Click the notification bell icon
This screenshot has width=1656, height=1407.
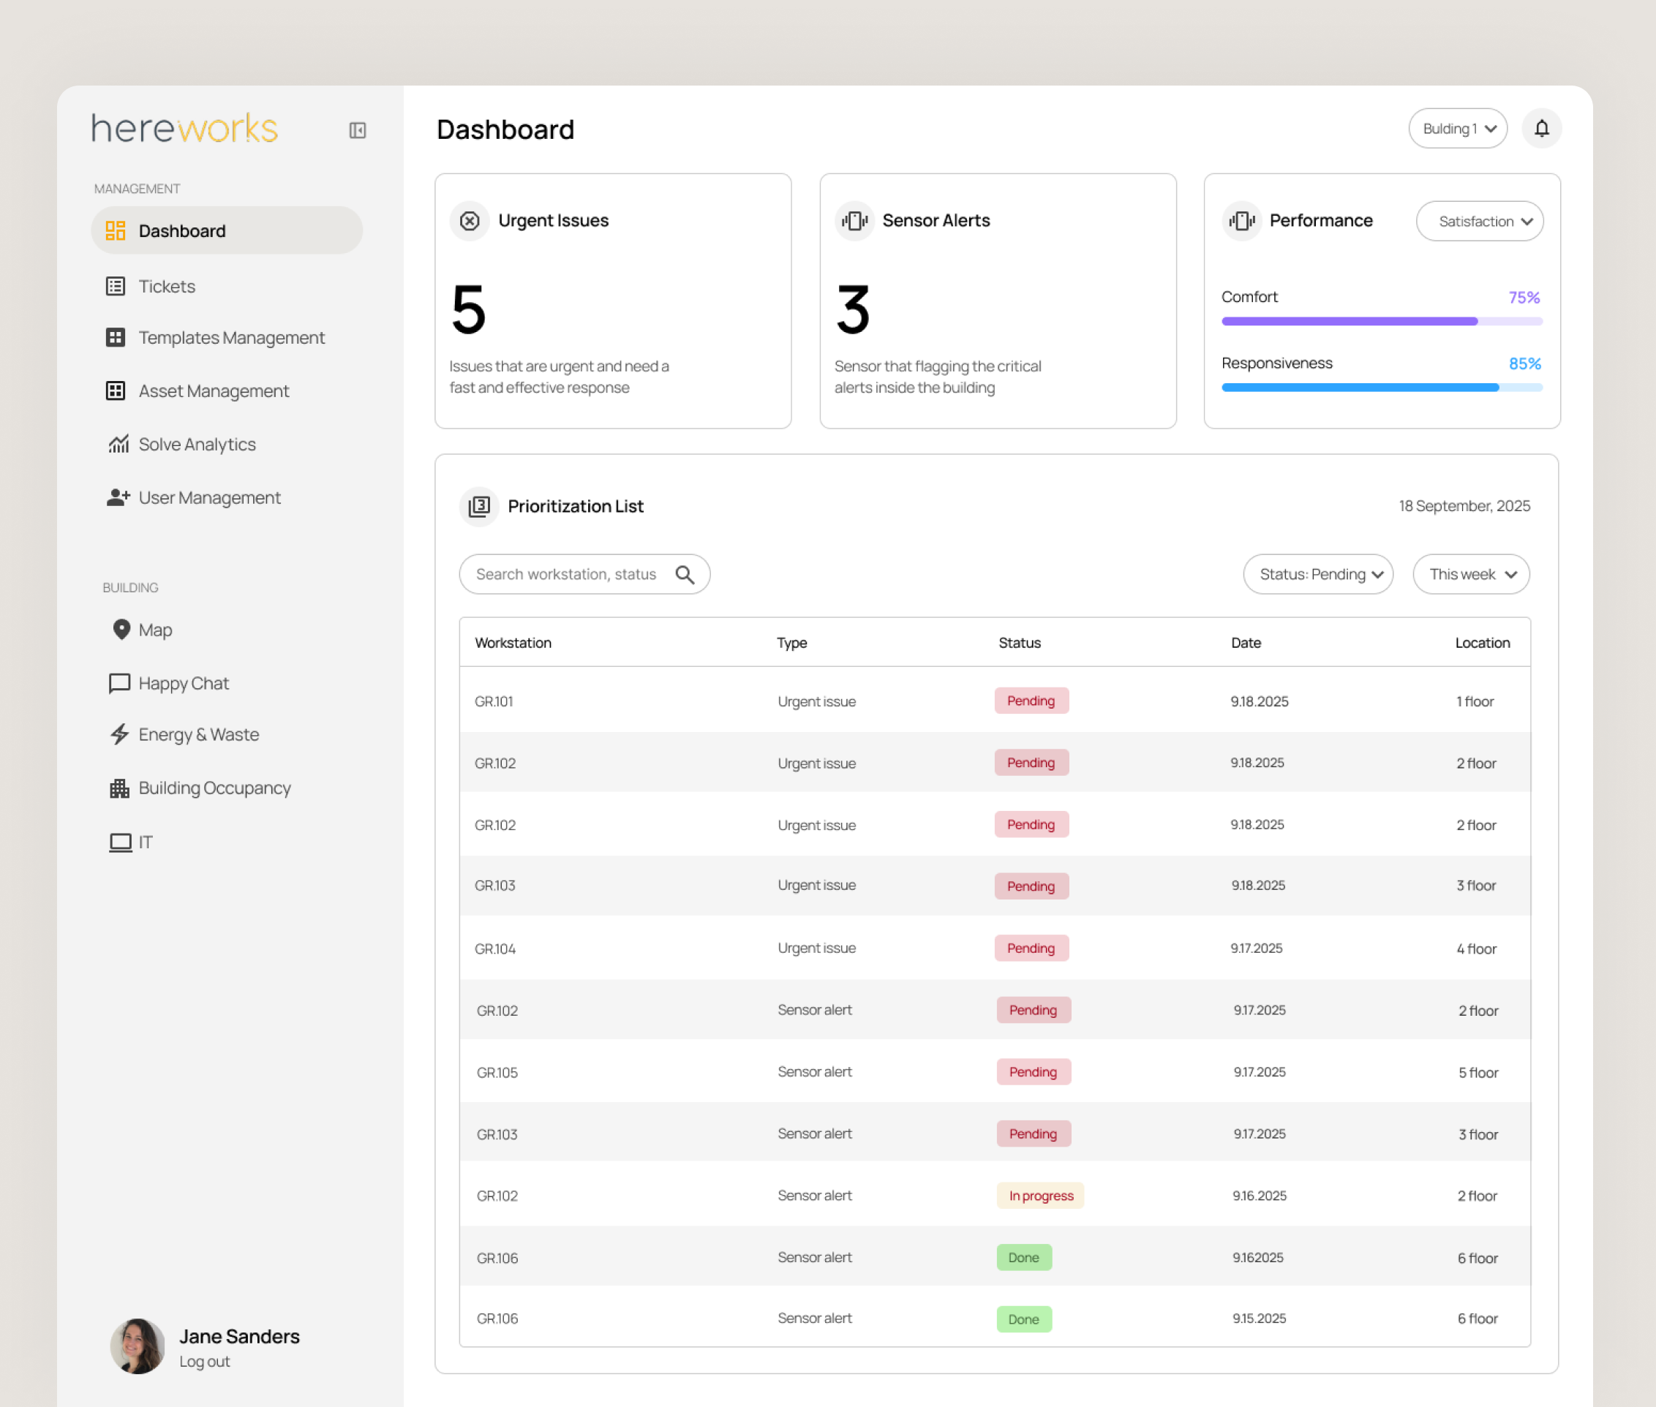(x=1541, y=129)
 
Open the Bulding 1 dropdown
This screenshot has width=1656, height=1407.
(x=1457, y=129)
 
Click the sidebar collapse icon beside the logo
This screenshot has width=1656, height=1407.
(x=358, y=130)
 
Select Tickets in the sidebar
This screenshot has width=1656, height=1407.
(x=166, y=287)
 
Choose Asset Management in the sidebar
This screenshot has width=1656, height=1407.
(x=213, y=391)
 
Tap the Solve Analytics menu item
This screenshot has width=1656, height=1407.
(x=196, y=445)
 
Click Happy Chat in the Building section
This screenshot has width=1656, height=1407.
(x=183, y=684)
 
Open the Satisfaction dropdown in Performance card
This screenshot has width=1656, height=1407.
(x=1479, y=221)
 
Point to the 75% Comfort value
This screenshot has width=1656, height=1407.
(x=1524, y=298)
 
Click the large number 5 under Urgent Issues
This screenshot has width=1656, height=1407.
(x=468, y=309)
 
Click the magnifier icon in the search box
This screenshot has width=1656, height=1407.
(x=685, y=574)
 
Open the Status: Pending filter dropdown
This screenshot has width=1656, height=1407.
(x=1318, y=574)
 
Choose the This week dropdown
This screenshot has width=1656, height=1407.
(x=1471, y=574)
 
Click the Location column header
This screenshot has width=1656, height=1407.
(x=1482, y=643)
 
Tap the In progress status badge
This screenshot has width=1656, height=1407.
(x=1040, y=1196)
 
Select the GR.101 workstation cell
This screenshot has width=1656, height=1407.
(x=494, y=701)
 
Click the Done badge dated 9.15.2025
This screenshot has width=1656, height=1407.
(x=1023, y=1319)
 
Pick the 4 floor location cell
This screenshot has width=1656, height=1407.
(x=1476, y=948)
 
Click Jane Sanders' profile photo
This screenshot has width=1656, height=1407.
(x=138, y=1346)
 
